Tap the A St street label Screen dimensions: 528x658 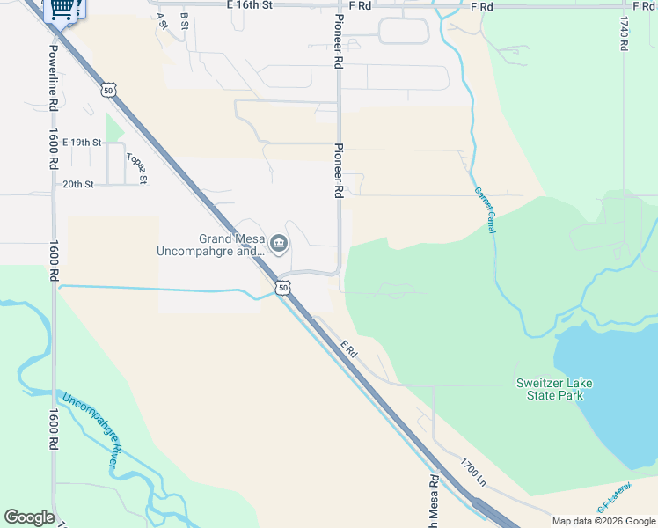162,20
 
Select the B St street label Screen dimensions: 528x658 184,20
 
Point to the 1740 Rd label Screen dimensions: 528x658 624,33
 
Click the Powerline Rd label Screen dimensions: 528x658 54,77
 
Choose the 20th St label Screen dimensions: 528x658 77,184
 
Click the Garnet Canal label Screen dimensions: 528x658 485,210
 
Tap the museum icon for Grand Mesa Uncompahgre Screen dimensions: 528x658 279,243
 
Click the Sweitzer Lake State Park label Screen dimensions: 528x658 561,389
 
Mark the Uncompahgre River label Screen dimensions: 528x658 89,431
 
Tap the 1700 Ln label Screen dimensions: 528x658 472,472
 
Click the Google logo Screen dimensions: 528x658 29,517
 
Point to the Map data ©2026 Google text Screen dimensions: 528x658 603,521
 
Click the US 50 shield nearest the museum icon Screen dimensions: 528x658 281,287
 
